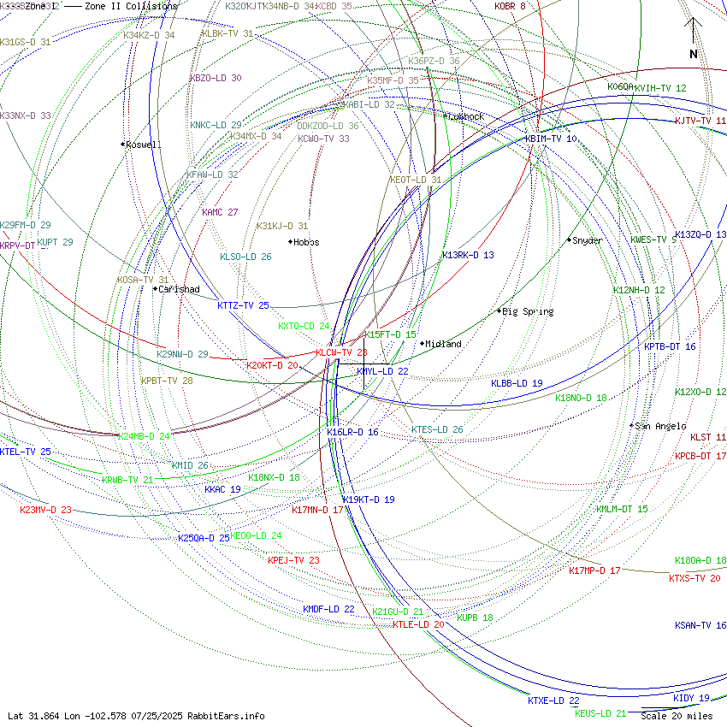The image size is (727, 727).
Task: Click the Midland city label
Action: (443, 344)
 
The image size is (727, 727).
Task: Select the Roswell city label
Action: (143, 145)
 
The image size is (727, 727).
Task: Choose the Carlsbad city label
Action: (179, 289)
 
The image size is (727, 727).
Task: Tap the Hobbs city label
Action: (305, 242)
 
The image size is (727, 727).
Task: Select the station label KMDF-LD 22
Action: (328, 609)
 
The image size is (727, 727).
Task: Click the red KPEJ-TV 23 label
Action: (293, 560)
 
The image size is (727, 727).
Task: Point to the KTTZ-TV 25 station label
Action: (243, 305)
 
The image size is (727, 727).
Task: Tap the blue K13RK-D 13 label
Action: (468, 255)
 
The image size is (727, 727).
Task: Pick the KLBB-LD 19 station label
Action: (517, 383)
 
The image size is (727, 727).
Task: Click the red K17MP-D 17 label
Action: (594, 570)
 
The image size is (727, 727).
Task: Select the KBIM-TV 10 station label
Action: (551, 139)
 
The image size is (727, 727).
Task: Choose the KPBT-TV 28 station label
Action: (167, 381)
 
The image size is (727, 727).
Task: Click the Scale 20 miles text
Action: (676, 716)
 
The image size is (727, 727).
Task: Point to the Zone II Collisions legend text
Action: (131, 6)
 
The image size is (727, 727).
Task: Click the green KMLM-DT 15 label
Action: (622, 509)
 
